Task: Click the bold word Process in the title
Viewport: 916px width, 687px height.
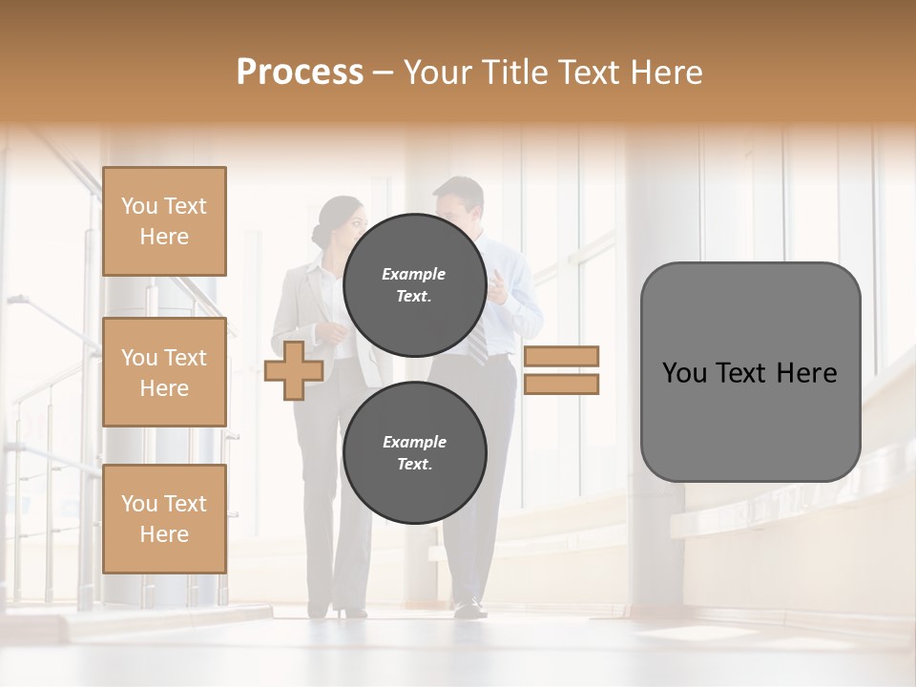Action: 300,72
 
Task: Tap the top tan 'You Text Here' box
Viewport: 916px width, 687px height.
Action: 164,221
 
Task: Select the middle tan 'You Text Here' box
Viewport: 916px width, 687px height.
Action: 164,372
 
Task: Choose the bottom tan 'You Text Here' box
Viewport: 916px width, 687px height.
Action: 164,519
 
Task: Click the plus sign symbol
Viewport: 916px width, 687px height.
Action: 293,371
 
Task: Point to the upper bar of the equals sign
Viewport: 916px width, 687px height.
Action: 561,356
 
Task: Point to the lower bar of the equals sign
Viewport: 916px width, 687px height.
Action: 561,384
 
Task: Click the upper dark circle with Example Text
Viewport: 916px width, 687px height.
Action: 414,284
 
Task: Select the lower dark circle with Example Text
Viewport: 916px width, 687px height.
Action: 414,452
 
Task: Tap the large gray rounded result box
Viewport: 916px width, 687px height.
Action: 750,372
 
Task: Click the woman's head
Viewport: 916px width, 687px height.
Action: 342,222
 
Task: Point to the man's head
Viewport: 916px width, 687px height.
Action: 458,202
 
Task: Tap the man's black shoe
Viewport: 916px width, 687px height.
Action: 469,607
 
